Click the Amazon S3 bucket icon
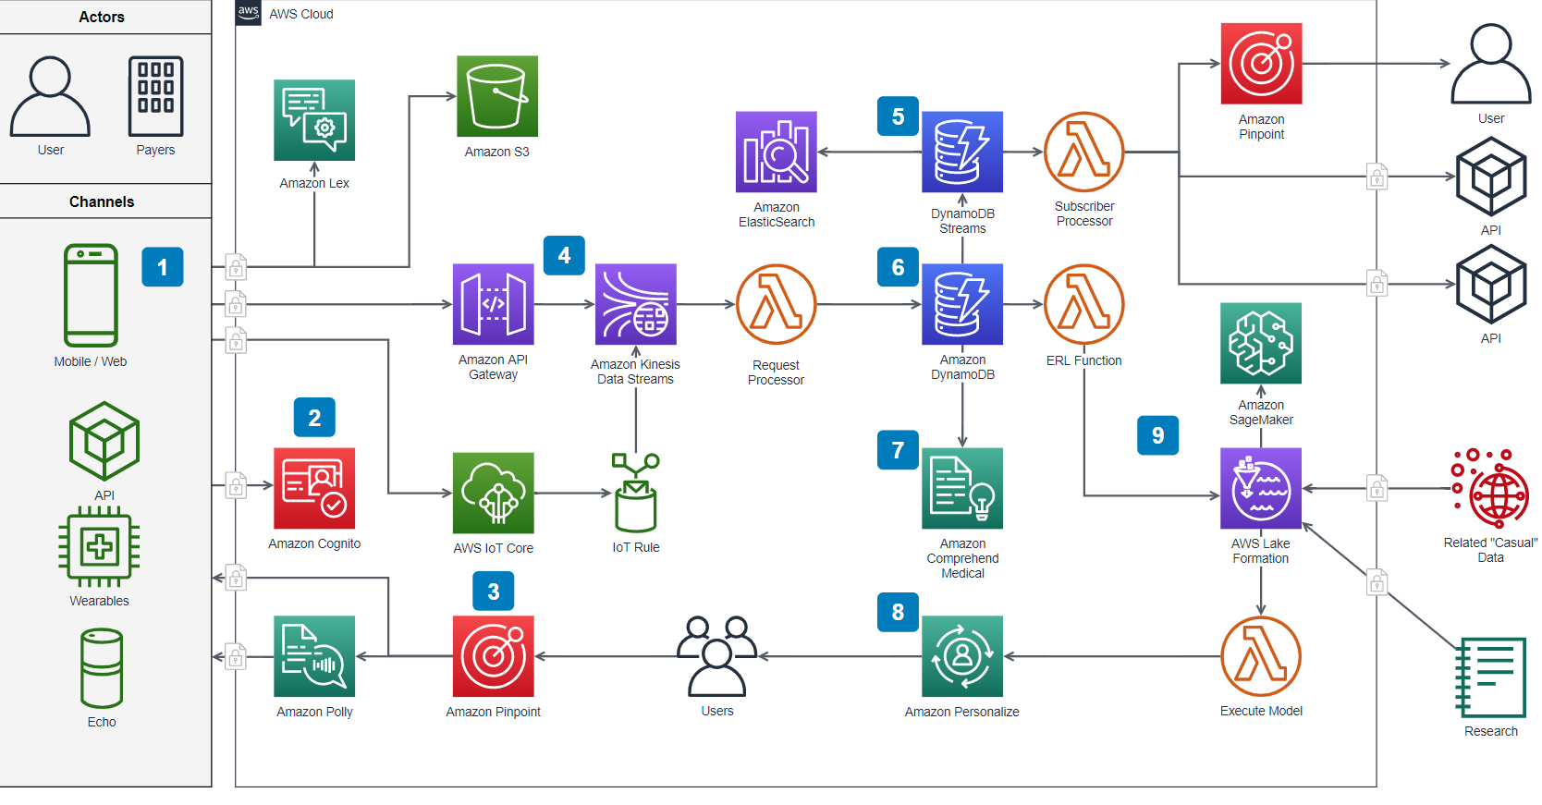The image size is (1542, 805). (497, 96)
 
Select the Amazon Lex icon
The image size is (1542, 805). (314, 120)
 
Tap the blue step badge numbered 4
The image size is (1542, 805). (564, 255)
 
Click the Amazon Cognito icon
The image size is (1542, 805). (314, 489)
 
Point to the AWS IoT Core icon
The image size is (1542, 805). (493, 493)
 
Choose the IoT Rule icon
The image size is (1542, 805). (635, 493)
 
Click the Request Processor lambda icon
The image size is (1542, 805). (776, 304)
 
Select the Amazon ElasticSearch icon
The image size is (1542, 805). (776, 152)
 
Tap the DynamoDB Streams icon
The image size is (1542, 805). (961, 152)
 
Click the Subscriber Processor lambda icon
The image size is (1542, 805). (1083, 152)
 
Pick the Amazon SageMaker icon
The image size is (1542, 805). (1260, 343)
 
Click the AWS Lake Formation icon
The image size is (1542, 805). (1260, 489)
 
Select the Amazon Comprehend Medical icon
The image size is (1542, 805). (961, 489)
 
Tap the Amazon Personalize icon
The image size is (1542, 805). (961, 656)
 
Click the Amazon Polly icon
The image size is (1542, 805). (314, 656)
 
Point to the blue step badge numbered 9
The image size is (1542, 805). (1157, 434)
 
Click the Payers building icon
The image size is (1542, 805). (155, 96)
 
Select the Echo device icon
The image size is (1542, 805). (102, 668)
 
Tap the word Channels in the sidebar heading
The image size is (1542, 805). (101, 201)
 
